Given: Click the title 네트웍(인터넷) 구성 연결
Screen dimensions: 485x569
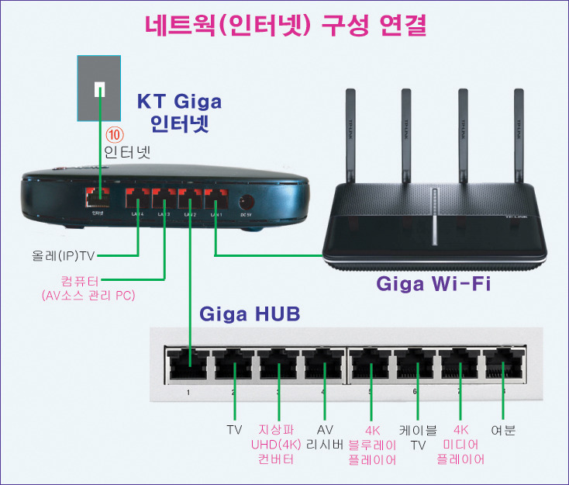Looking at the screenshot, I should (x=285, y=25).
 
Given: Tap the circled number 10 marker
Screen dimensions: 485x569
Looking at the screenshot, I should (x=115, y=134).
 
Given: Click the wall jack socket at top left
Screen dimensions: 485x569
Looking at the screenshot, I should (x=98, y=88).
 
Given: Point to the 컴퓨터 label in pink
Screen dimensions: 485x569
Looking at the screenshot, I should (x=80, y=280).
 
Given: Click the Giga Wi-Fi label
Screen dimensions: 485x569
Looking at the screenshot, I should (x=434, y=283).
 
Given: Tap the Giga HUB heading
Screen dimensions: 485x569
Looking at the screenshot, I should (x=250, y=315).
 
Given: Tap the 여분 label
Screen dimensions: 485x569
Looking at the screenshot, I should (x=504, y=429).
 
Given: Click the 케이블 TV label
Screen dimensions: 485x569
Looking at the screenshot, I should (x=418, y=437).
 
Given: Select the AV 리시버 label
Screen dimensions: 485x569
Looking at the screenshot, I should (x=326, y=437).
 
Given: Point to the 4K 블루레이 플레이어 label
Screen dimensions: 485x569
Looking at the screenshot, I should (x=372, y=444).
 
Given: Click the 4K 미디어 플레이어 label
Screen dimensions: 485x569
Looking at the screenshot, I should (x=461, y=444).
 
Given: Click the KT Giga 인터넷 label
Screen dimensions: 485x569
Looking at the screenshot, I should (x=179, y=113).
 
